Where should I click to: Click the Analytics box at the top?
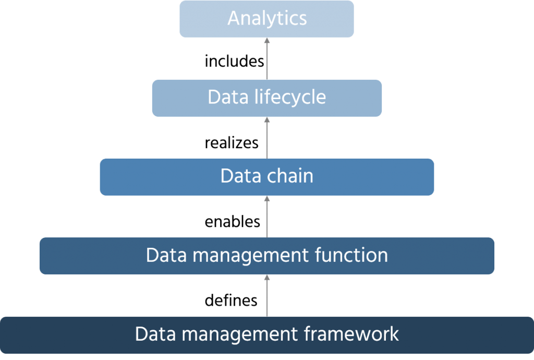(266, 19)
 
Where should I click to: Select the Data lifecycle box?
(266, 98)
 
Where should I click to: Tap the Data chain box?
(266, 176)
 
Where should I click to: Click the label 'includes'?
(234, 62)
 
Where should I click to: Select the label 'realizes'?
(232, 142)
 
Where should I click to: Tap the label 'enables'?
(232, 222)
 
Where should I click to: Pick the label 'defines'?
(230, 301)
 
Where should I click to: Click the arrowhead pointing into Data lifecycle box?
(266, 120)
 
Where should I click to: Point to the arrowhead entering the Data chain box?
(266, 199)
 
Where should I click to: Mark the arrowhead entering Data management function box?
(266, 278)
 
